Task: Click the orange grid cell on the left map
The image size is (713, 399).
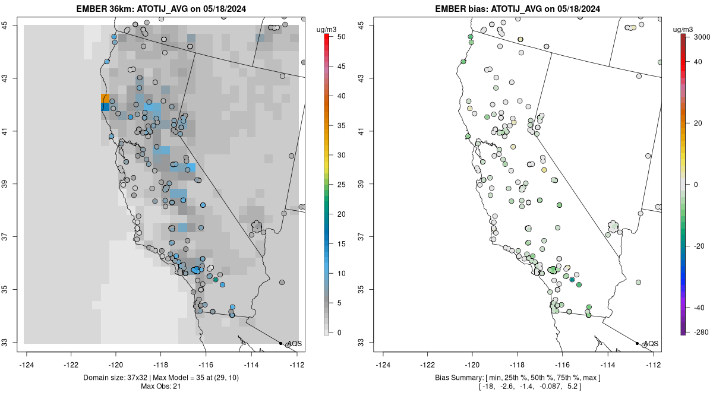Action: (x=105, y=98)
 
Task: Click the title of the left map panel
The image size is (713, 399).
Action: (x=161, y=9)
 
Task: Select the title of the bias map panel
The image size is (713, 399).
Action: (x=518, y=9)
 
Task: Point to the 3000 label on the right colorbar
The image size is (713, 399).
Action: (x=702, y=37)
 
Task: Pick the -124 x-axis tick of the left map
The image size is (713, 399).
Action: (x=26, y=365)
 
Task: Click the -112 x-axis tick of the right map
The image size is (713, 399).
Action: (x=654, y=365)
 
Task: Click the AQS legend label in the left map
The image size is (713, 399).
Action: (x=295, y=344)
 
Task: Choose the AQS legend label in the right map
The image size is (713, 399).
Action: (x=651, y=344)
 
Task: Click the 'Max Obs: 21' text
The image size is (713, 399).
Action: (x=161, y=387)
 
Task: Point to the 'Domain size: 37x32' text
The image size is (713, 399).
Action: (x=115, y=378)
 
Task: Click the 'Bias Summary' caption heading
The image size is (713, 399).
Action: (x=458, y=378)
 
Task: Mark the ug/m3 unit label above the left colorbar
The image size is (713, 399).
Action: (x=326, y=30)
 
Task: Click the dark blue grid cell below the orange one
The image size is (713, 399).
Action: (x=105, y=107)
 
